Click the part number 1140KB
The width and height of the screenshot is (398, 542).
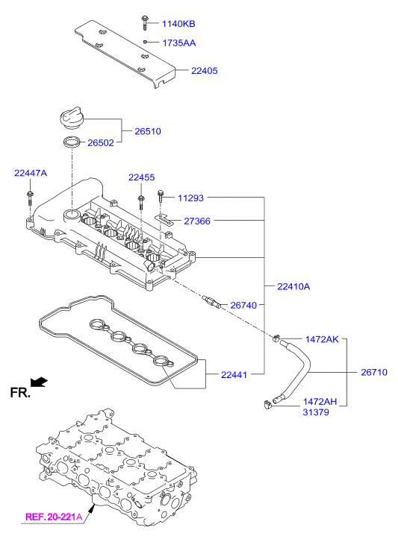178,24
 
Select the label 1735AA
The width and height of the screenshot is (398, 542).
179,42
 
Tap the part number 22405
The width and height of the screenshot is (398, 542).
204,71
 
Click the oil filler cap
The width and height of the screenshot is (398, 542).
71,119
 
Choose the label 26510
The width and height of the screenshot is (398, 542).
148,131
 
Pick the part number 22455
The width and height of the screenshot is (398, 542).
142,177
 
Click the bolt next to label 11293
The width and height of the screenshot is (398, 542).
161,196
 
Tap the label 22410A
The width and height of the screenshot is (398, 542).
293,286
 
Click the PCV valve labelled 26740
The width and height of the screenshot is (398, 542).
211,301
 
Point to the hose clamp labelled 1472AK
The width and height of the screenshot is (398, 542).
276,338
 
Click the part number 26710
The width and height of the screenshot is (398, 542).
374,372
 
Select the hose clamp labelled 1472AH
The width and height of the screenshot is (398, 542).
267,404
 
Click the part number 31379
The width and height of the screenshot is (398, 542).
316,412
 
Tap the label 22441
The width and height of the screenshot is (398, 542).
234,375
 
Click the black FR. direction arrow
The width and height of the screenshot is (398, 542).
39,381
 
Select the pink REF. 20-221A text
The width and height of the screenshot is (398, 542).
54,517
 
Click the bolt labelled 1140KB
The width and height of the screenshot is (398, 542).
144,23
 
